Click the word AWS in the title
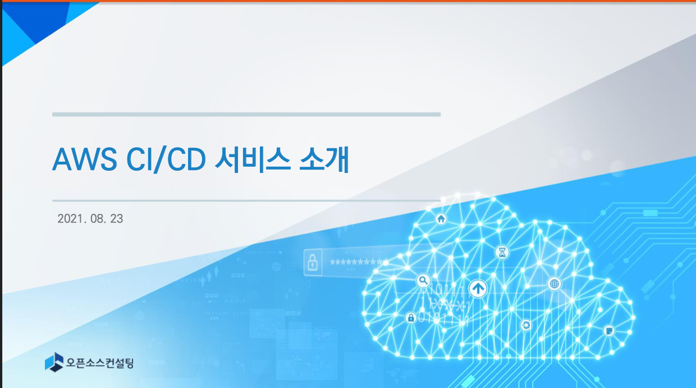[85, 159]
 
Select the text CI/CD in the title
[166, 159]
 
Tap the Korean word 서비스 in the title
[253, 159]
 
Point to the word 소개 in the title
[324, 159]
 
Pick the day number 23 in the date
[117, 218]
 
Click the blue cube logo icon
[54, 362]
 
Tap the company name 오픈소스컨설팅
[100, 363]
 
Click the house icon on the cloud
[441, 219]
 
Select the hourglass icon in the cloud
[502, 252]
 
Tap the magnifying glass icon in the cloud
[423, 281]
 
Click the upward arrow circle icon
[478, 289]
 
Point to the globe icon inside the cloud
[555, 284]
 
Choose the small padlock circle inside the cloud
[411, 318]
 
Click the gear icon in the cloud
[526, 325]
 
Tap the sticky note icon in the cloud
[609, 330]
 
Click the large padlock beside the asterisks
[313, 262]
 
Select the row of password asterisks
[358, 262]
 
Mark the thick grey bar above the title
[246, 115]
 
